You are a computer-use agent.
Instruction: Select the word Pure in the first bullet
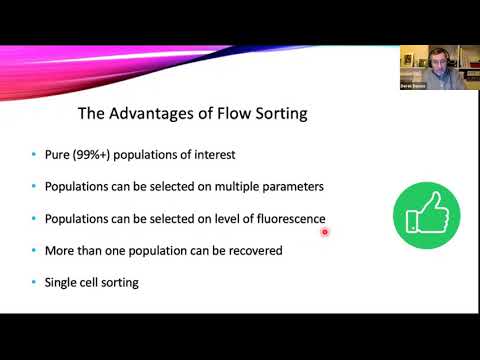click(x=61, y=155)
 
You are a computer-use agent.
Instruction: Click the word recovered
click(x=254, y=250)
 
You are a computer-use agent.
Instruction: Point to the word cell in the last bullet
click(x=97, y=282)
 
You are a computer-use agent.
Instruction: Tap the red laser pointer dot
click(x=326, y=232)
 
